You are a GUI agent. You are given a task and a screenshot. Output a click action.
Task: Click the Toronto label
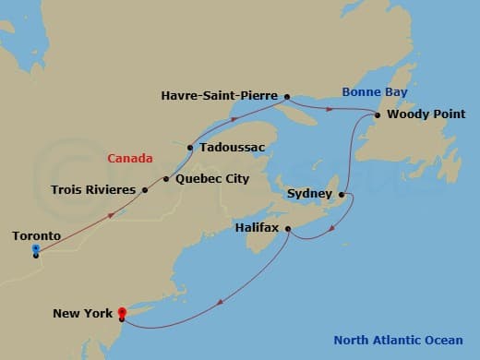[37, 236]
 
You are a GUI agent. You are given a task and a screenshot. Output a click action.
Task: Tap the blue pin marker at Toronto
[35, 249]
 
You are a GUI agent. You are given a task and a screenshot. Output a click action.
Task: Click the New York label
[82, 314]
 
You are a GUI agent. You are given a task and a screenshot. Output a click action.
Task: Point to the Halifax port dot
[289, 229]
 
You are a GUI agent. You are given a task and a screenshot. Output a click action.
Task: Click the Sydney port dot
[342, 195]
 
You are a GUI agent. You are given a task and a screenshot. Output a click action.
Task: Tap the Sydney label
[310, 194]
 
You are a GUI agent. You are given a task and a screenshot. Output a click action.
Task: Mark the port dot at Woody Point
[378, 114]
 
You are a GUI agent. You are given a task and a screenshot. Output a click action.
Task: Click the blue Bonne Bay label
[374, 92]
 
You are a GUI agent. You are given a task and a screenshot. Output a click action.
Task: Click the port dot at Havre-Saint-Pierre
[287, 95]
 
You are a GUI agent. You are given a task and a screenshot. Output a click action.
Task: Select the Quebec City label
[211, 178]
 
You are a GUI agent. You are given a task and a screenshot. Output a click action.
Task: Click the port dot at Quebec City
[166, 178]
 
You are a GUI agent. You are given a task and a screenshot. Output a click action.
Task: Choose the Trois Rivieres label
[91, 190]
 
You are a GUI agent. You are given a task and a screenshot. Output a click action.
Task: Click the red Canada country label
[130, 159]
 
